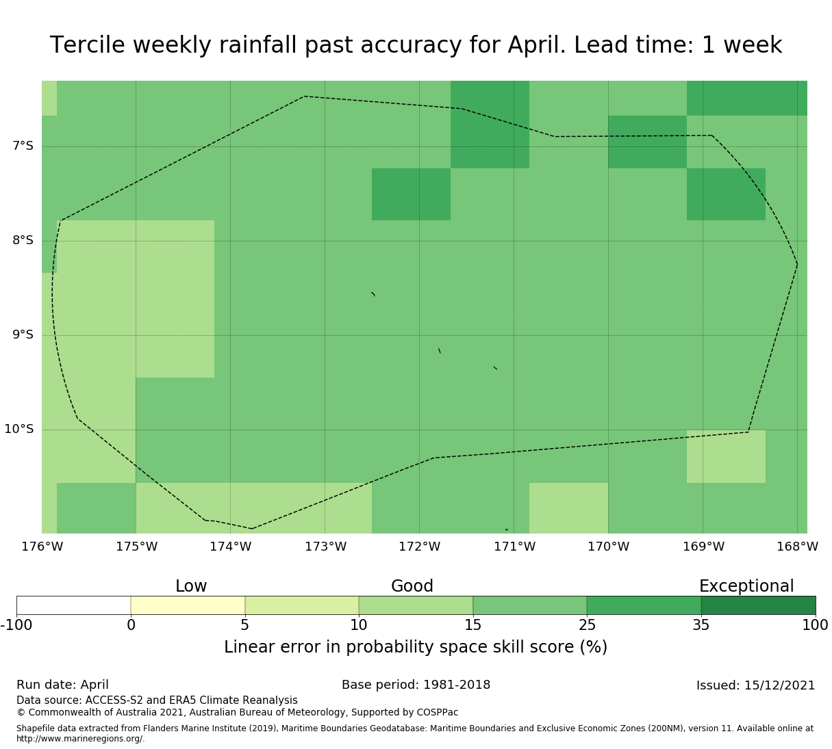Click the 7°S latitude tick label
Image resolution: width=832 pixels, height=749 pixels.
click(x=23, y=146)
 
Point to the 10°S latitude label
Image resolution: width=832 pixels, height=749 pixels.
click(x=18, y=429)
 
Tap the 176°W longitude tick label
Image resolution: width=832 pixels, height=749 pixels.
click(x=42, y=547)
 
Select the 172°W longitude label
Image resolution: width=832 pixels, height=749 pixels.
click(x=419, y=547)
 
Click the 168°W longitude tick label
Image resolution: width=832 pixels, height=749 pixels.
click(x=797, y=547)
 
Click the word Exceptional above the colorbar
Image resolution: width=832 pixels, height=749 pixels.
click(x=746, y=586)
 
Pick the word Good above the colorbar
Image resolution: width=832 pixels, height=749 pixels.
click(x=412, y=586)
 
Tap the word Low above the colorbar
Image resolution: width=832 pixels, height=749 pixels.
click(x=191, y=586)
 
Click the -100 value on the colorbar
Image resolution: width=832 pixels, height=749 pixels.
click(x=16, y=625)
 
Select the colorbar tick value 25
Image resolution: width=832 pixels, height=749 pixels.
click(x=587, y=625)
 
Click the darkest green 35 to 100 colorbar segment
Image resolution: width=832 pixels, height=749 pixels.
click(x=758, y=605)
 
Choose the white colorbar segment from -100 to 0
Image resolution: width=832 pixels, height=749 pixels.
click(x=74, y=605)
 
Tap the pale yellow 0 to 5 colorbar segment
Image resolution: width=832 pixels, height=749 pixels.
click(x=188, y=605)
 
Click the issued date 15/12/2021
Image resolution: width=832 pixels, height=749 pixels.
click(x=779, y=685)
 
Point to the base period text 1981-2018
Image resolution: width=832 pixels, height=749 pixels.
click(x=457, y=685)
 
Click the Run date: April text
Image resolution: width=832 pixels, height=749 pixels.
click(x=62, y=685)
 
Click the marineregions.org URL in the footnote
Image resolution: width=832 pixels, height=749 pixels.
click(x=81, y=739)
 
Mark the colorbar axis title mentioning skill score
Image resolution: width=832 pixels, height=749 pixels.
click(x=416, y=647)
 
